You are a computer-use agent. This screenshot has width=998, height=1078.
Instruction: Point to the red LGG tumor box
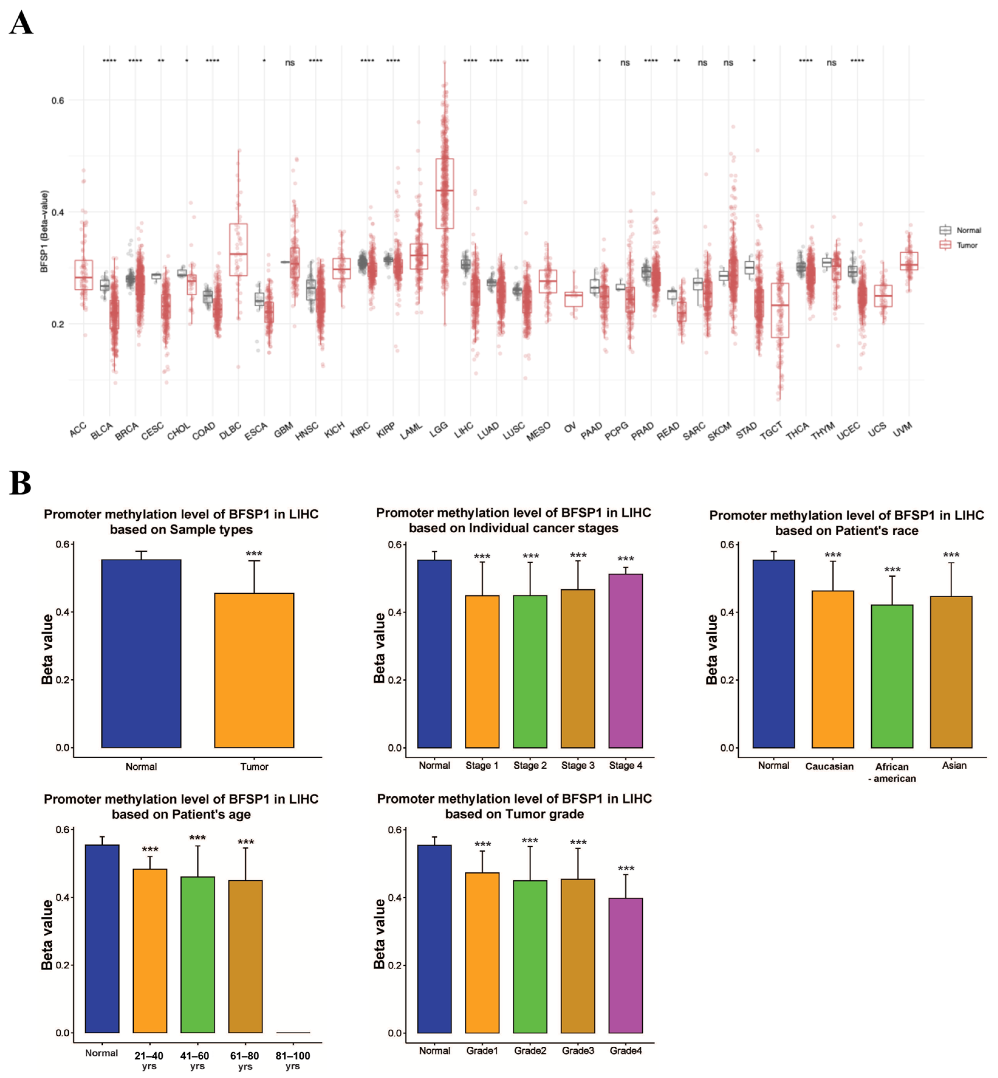pyautogui.click(x=444, y=194)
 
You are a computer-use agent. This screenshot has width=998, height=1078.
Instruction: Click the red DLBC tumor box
pyautogui.click(x=238, y=250)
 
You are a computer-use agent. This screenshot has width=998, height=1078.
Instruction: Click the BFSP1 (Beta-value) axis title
pyautogui.click(x=44, y=231)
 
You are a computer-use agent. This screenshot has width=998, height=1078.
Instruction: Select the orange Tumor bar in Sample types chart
pyautogui.click(x=254, y=670)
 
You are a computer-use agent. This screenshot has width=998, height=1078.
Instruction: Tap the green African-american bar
pyautogui.click(x=892, y=675)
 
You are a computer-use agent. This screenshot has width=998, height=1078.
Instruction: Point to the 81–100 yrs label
pyautogui.click(x=293, y=1060)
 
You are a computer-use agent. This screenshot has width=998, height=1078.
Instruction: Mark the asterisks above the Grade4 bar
pyautogui.click(x=626, y=869)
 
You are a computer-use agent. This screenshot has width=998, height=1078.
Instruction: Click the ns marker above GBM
pyautogui.click(x=290, y=63)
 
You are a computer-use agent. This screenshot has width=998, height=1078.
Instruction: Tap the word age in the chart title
pyautogui.click(x=239, y=814)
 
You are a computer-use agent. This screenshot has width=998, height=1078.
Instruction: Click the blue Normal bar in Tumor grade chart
pyautogui.click(x=434, y=939)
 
